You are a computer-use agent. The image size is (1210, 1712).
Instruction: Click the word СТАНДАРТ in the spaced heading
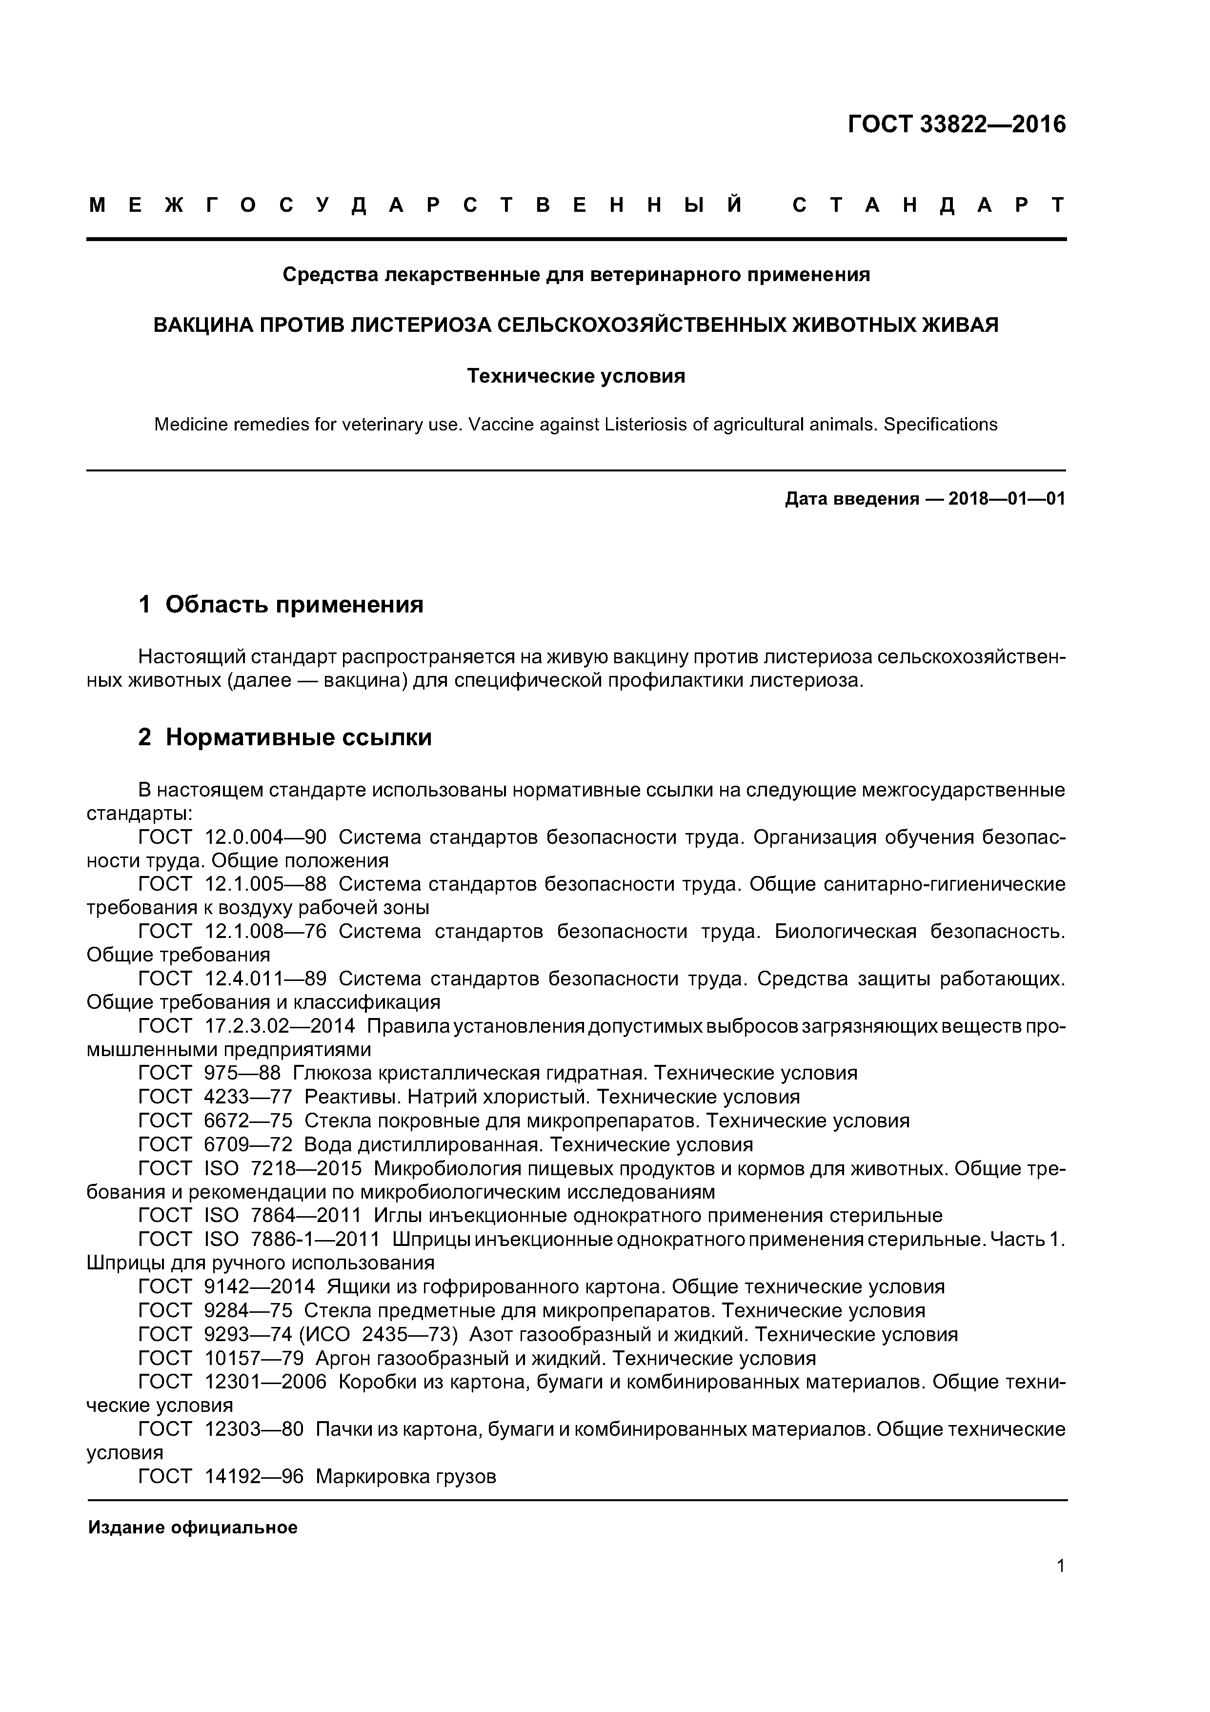[929, 206]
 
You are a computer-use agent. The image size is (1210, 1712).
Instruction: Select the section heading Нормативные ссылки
[298, 737]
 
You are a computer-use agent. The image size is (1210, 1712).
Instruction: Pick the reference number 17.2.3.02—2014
[280, 1027]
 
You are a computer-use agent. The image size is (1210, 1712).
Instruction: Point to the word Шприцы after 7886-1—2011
[430, 1240]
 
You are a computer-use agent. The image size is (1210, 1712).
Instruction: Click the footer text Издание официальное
[192, 1528]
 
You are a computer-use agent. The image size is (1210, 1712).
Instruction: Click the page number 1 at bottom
[1060, 1566]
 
